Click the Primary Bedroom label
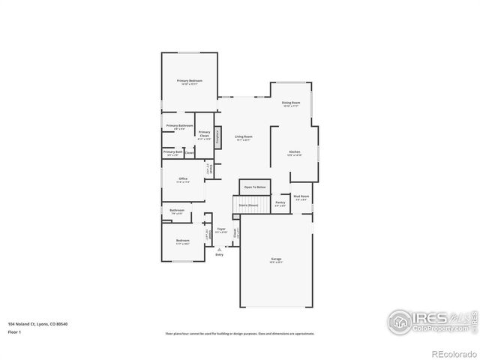pyautogui.click(x=190, y=80)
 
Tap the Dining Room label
pyautogui.click(x=291, y=102)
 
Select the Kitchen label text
pyautogui.click(x=295, y=152)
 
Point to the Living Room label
pyautogui.click(x=244, y=136)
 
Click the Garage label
pyautogui.click(x=277, y=259)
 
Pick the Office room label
pyautogui.click(x=183, y=178)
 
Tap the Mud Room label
pyautogui.click(x=301, y=196)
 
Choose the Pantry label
pyautogui.click(x=280, y=202)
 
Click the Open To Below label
pyautogui.click(x=255, y=187)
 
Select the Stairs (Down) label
pyautogui.click(x=249, y=204)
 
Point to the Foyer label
pyautogui.click(x=221, y=229)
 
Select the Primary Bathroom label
pyautogui.click(x=180, y=125)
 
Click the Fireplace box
pyautogui.click(x=218, y=136)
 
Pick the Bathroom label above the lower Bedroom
pyautogui.click(x=177, y=210)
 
